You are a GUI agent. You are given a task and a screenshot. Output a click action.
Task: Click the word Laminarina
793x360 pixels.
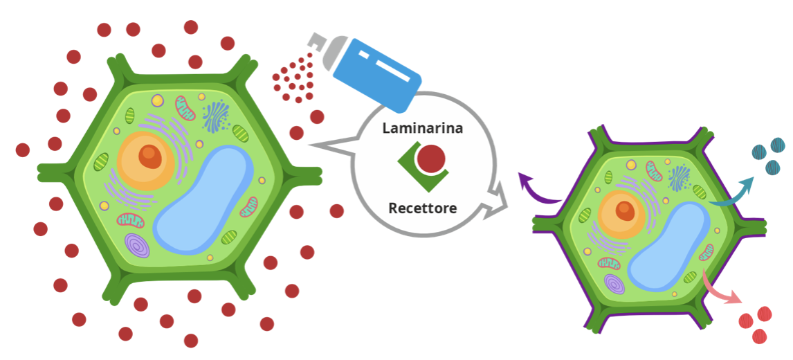point(422,128)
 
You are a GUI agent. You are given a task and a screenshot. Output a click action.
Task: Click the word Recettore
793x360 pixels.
point(422,208)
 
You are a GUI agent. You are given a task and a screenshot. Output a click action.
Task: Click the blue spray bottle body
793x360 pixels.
point(376,73)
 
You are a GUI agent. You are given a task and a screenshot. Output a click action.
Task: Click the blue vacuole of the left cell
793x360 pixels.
point(202,200)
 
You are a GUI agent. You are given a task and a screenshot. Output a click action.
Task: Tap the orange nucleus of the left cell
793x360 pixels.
point(145,161)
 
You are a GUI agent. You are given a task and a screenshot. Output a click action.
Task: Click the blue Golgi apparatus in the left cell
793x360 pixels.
point(216,116)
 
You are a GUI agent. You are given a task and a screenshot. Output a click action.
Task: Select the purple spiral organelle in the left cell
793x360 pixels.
point(136,245)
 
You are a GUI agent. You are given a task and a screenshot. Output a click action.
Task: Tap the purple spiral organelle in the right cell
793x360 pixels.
point(614,284)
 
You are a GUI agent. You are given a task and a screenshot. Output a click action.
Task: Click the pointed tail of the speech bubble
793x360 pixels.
point(309,146)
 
